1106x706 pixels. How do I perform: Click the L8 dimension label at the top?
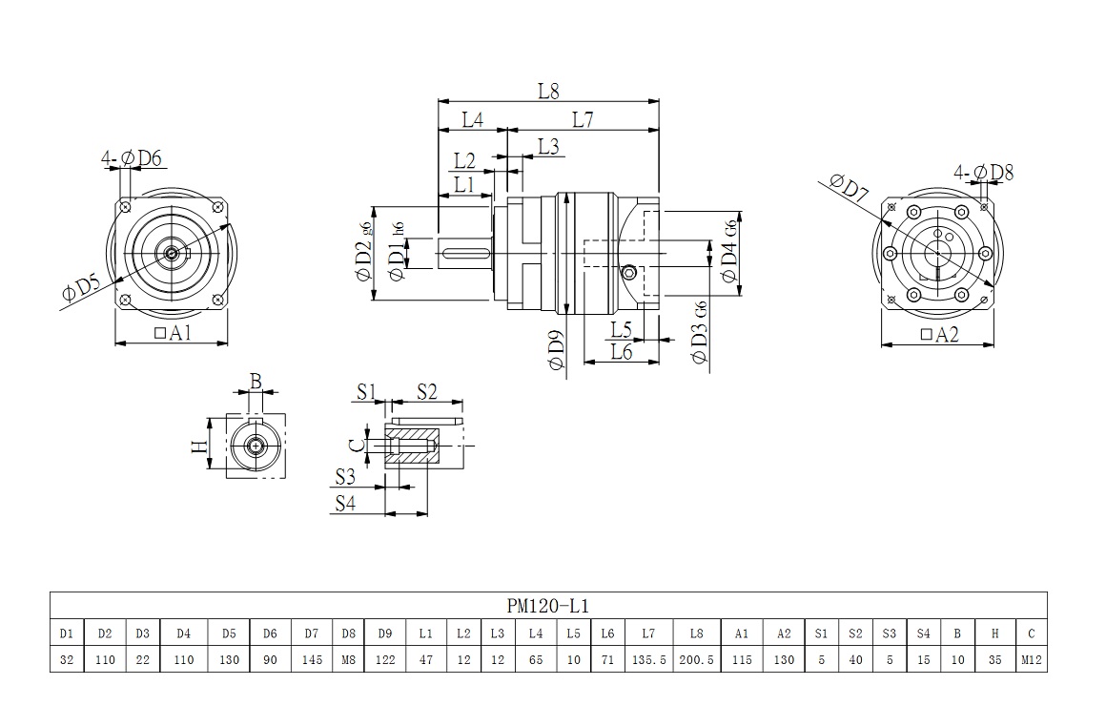547,91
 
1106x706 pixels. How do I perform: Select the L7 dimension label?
583,119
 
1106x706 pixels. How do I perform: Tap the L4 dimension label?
472,119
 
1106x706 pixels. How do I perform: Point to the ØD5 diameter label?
81,289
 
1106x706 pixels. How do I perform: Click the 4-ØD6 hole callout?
132,157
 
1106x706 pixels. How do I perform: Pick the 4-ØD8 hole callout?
983,173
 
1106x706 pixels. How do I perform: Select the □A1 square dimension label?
173,332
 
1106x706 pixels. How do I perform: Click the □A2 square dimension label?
939,334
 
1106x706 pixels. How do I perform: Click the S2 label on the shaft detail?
426,391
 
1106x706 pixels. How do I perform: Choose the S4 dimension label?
344,504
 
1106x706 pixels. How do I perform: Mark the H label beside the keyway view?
198,446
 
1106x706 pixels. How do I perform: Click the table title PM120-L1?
547,605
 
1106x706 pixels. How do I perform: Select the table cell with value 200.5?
698,658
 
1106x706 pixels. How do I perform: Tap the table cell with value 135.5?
648,658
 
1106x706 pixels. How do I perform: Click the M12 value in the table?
1031,658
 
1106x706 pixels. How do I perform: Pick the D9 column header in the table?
384,633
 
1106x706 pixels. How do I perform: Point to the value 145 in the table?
312,658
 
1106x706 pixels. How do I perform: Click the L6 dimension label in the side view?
621,352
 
